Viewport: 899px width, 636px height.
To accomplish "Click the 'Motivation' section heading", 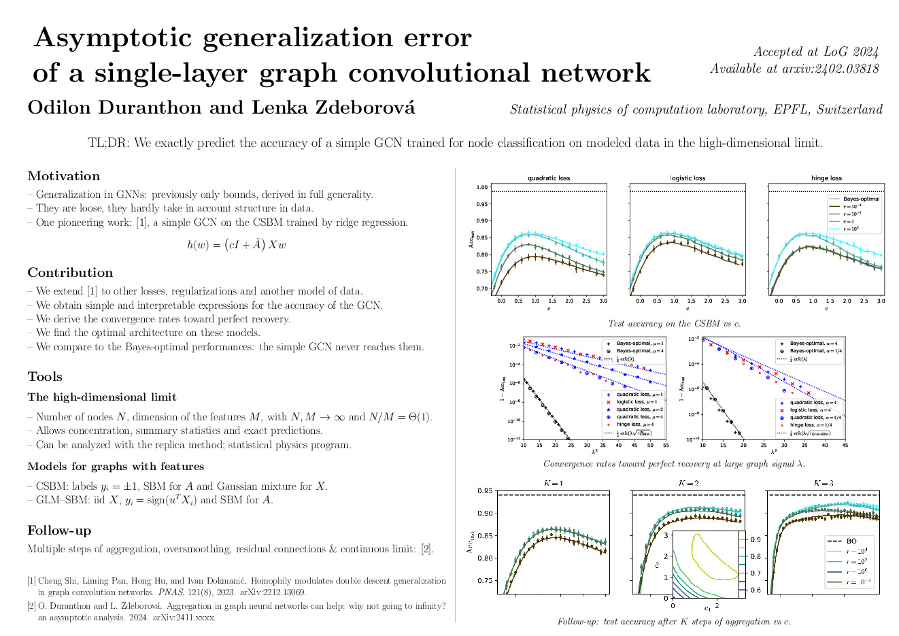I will tap(63, 176).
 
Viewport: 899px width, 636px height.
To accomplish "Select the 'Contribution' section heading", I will tap(70, 273).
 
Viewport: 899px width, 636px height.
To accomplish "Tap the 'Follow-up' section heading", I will tap(59, 531).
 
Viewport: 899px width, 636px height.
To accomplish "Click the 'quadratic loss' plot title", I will tap(549, 178).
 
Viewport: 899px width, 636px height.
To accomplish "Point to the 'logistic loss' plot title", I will tap(688, 178).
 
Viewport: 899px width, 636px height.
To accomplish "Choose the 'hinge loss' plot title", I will tap(826, 178).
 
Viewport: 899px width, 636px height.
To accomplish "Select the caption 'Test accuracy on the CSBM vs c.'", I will tap(674, 324).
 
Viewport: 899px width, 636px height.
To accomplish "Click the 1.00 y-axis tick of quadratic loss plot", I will tap(481, 187).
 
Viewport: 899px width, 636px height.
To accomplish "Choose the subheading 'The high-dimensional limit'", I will tap(102, 397).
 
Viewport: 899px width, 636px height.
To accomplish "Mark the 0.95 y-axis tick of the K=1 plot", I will tap(486, 490).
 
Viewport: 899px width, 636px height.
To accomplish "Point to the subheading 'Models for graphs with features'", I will tap(116, 467).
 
